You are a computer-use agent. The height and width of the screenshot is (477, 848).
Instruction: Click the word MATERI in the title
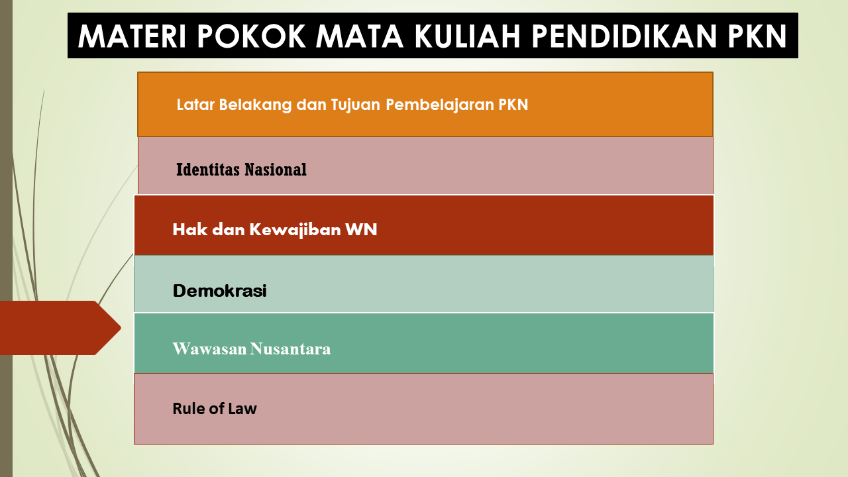[x=132, y=36]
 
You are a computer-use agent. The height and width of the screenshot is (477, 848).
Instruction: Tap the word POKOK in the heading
[x=251, y=36]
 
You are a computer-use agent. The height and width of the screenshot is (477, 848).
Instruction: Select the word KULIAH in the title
[x=467, y=36]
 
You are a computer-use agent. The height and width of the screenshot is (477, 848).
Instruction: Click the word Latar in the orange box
[x=195, y=105]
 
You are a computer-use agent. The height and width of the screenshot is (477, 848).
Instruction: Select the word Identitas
[x=208, y=169]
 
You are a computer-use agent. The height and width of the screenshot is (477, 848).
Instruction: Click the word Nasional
[x=276, y=169]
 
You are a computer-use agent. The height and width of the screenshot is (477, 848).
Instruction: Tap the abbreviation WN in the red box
[x=361, y=229]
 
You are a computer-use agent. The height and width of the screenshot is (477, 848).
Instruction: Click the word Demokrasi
[x=219, y=291]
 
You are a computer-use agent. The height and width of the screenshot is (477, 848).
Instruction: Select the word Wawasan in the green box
[x=209, y=348]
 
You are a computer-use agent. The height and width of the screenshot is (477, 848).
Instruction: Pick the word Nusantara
[x=290, y=348]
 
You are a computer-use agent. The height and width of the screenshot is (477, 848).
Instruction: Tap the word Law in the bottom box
[x=245, y=409]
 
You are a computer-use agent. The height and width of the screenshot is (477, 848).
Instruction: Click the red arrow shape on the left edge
[x=60, y=328]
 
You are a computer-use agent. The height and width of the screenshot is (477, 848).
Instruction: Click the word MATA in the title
[x=360, y=36]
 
